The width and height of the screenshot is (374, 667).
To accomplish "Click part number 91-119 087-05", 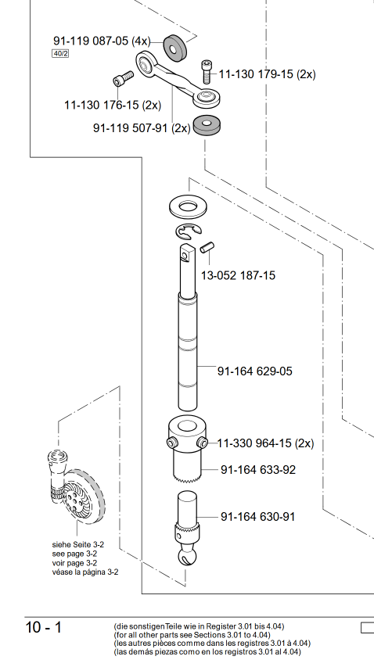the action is pyautogui.click(x=90, y=41).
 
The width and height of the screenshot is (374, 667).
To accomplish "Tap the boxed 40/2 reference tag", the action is pyautogui.click(x=60, y=54).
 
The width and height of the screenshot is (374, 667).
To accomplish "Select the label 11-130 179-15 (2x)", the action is pyautogui.click(x=268, y=74).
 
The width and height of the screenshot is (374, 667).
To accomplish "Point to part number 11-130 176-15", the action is pyautogui.click(x=101, y=105).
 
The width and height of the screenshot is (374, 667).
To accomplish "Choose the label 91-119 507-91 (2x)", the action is pyautogui.click(x=142, y=127).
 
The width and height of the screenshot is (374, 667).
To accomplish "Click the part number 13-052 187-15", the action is pyautogui.click(x=239, y=275).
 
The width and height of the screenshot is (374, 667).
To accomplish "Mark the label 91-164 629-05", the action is pyautogui.click(x=255, y=371).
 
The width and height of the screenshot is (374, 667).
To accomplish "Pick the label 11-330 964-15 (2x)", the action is pyautogui.click(x=265, y=443).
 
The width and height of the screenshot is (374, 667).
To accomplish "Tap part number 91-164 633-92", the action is pyautogui.click(x=258, y=470).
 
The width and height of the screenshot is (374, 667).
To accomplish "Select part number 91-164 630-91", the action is pyautogui.click(x=257, y=516).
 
